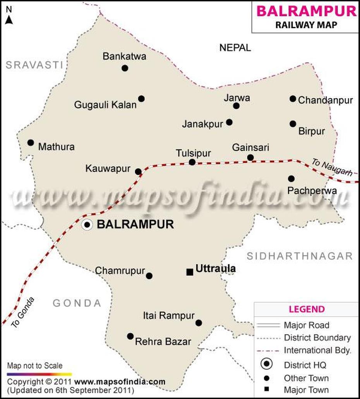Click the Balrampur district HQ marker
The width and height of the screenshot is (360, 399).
pyautogui.click(x=87, y=225)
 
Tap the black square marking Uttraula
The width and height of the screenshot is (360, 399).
pyautogui.click(x=190, y=272)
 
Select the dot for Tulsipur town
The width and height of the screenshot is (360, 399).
pyautogui.click(x=192, y=162)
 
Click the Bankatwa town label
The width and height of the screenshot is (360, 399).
pyautogui.click(x=124, y=56)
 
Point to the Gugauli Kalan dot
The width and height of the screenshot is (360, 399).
pyautogui.click(x=141, y=99)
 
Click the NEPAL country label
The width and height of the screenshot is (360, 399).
pyautogui.click(x=235, y=48)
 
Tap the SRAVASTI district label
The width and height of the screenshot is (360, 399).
pyautogui.click(x=34, y=65)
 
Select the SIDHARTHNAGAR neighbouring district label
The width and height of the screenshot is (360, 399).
pyautogui.click(x=300, y=256)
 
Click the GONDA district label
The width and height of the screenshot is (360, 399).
pyautogui.click(x=77, y=303)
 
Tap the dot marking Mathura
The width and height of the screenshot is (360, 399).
pyautogui.click(x=31, y=143)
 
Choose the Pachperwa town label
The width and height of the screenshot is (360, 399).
pyautogui.click(x=312, y=191)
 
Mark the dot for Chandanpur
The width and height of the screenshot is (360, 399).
pyautogui.click(x=293, y=99)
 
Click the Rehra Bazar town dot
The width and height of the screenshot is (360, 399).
pyautogui.click(x=130, y=336)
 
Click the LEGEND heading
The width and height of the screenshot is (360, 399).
pyautogui.click(x=307, y=309)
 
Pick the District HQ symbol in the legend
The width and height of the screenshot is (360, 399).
pyautogui.click(x=267, y=364)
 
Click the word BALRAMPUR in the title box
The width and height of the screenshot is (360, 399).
pyautogui.click(x=306, y=11)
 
